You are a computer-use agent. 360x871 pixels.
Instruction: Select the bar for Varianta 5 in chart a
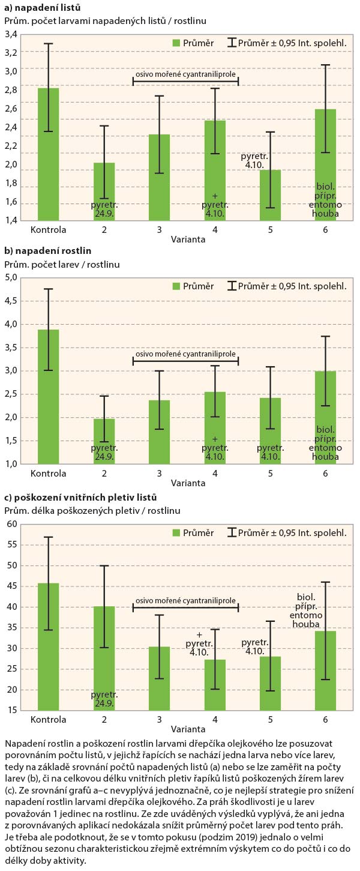pos(270,195)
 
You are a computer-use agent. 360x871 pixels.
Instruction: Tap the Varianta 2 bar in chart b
pos(104,441)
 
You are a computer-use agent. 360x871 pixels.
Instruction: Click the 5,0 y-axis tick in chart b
pos(11,278)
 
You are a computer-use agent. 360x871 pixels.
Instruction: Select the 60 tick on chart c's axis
pos(11,525)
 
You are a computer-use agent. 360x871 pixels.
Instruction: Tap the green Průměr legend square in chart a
pos(176,43)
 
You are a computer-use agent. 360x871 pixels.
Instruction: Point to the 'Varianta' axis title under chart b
pos(186,482)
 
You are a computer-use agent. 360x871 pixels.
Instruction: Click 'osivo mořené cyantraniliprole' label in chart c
pos(185,599)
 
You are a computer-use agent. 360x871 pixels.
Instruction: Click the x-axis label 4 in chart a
pos(214,229)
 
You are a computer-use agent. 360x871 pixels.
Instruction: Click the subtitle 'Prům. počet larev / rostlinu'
pos(62,264)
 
